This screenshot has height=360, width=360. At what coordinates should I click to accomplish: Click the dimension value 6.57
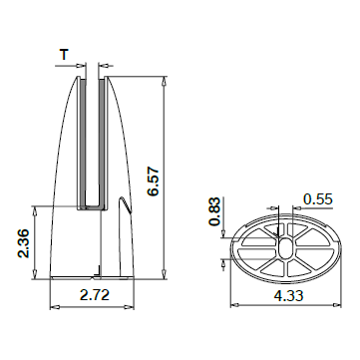click(154, 182)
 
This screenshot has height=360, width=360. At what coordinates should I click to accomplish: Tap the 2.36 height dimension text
click(24, 243)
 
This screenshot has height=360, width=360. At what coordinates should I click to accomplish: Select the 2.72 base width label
click(95, 294)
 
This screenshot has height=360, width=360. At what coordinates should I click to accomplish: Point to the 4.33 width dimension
click(288, 295)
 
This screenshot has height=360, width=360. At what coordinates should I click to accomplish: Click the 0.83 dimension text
click(214, 211)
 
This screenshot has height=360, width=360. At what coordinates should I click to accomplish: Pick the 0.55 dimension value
click(318, 198)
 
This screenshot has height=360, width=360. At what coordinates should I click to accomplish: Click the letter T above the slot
click(64, 54)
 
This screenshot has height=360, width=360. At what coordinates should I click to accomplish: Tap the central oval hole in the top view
click(285, 248)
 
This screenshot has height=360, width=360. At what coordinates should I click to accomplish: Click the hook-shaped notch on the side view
click(125, 204)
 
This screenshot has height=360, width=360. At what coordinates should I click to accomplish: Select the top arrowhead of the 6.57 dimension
click(164, 82)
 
